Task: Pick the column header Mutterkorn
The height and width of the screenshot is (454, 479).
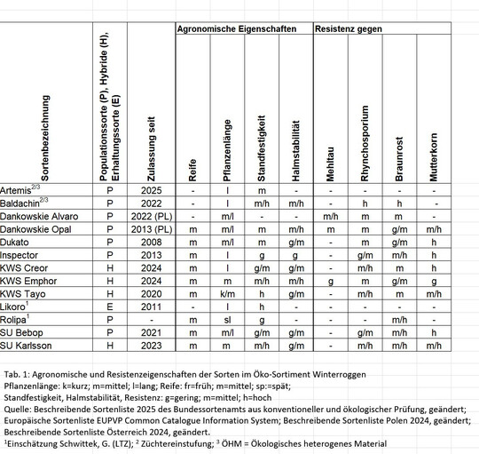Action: [433, 157]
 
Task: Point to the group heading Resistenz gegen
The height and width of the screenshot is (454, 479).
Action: [349, 30]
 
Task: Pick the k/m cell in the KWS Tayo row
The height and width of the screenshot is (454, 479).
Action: [228, 292]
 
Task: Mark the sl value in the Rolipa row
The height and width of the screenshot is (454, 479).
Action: [228, 318]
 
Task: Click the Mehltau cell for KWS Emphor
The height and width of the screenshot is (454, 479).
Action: [329, 280]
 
